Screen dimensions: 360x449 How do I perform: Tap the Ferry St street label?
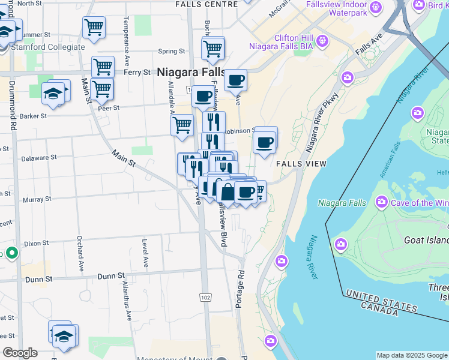click(x=136, y=72)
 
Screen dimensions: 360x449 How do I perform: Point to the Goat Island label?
click(x=423, y=240)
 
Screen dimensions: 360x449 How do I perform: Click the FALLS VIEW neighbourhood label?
click(x=301, y=164)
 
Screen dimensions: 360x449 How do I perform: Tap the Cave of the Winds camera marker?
click(x=382, y=202)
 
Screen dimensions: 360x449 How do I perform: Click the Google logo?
click(x=20, y=353)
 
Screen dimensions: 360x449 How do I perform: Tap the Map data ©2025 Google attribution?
click(x=412, y=355)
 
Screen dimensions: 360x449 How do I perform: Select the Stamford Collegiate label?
click(x=47, y=47)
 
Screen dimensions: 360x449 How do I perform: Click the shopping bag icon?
click(x=228, y=193)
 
